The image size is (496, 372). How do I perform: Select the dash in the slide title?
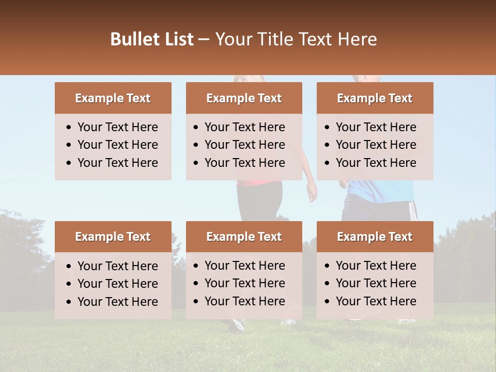point(204,40)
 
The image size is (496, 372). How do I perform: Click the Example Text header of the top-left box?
point(113,98)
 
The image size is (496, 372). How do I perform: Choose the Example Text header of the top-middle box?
point(244,98)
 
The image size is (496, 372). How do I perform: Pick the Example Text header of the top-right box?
point(375,98)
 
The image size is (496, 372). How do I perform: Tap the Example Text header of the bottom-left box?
point(113,237)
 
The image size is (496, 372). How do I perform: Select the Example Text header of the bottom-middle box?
point(244,237)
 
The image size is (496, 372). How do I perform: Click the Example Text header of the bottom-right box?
point(375,237)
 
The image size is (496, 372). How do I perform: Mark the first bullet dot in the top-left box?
point(69,128)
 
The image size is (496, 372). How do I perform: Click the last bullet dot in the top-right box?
point(328,163)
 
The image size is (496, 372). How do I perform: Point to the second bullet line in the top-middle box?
point(244,145)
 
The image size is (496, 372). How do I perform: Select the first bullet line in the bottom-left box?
point(117,266)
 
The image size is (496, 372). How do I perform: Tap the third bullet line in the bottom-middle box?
point(244,301)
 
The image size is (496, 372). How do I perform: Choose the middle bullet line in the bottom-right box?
point(376,283)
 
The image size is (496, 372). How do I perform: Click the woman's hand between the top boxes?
point(312,195)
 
